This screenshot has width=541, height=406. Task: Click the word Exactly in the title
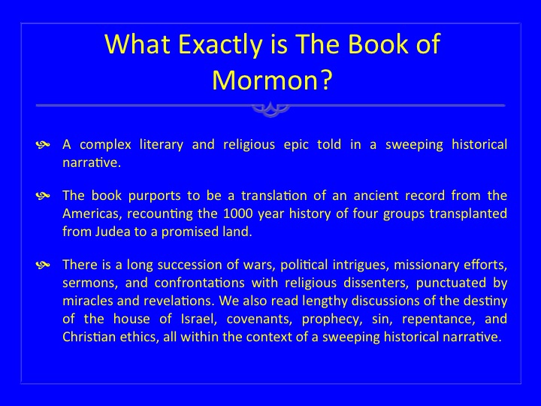tap(220, 44)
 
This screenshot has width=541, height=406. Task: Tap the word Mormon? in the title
tap(272, 80)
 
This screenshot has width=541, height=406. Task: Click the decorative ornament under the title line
tap(270, 110)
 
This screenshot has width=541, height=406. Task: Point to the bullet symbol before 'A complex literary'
tap(43, 145)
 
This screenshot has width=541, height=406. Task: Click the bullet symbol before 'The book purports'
tap(43, 196)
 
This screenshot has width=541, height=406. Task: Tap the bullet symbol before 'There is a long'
tap(43, 265)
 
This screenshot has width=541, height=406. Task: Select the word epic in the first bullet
tap(296, 145)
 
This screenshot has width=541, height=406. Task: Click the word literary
tap(161, 145)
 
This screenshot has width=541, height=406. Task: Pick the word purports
tap(154, 196)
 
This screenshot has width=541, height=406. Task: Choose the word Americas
tap(92, 214)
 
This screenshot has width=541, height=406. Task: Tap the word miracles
tap(88, 301)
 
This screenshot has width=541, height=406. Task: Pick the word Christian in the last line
tap(89, 337)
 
